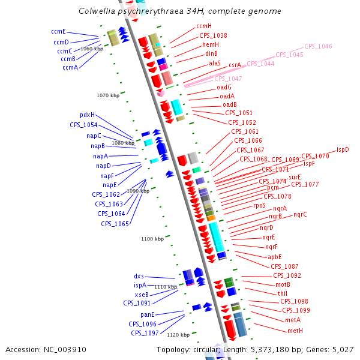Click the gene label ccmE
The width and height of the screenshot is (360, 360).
click(58, 31)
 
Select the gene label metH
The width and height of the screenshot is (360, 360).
click(295, 331)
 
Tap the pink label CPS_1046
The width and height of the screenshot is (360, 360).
click(318, 46)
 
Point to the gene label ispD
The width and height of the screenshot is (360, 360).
click(343, 149)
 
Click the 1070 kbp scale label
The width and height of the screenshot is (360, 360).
click(108, 95)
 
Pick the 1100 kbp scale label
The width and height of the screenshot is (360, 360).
click(152, 239)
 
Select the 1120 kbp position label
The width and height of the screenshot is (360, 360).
click(178, 335)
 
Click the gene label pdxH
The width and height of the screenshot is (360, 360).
click(87, 115)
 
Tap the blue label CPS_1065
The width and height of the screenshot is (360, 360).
click(115, 224)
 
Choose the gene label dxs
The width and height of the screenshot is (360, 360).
click(139, 276)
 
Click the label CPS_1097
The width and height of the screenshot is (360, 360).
click(145, 333)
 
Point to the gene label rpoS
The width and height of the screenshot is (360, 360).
click(259, 205)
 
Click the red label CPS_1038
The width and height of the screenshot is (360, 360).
click(213, 35)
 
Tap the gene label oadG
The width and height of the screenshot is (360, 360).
click(224, 87)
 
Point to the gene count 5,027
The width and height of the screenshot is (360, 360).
click(342, 349)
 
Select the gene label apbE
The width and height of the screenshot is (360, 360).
click(275, 257)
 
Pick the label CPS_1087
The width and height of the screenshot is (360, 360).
click(284, 266)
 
